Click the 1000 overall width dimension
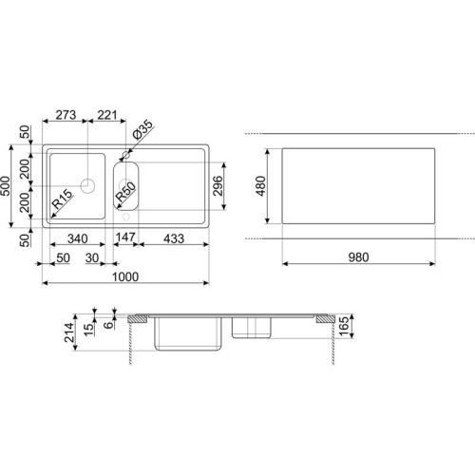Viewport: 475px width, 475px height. pos(125,276)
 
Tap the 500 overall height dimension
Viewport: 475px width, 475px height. pos(6,186)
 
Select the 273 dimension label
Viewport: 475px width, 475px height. pos(66,115)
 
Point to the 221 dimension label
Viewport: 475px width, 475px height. pos(107,115)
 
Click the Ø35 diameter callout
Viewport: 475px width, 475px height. pos(142,130)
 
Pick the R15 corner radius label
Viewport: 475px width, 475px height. pos(62,199)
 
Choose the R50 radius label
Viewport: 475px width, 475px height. pos(125,192)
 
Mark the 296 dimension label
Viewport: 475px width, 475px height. pos(218,186)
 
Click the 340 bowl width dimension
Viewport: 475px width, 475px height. pos(78,238)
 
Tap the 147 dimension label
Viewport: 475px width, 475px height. pos(125,237)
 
